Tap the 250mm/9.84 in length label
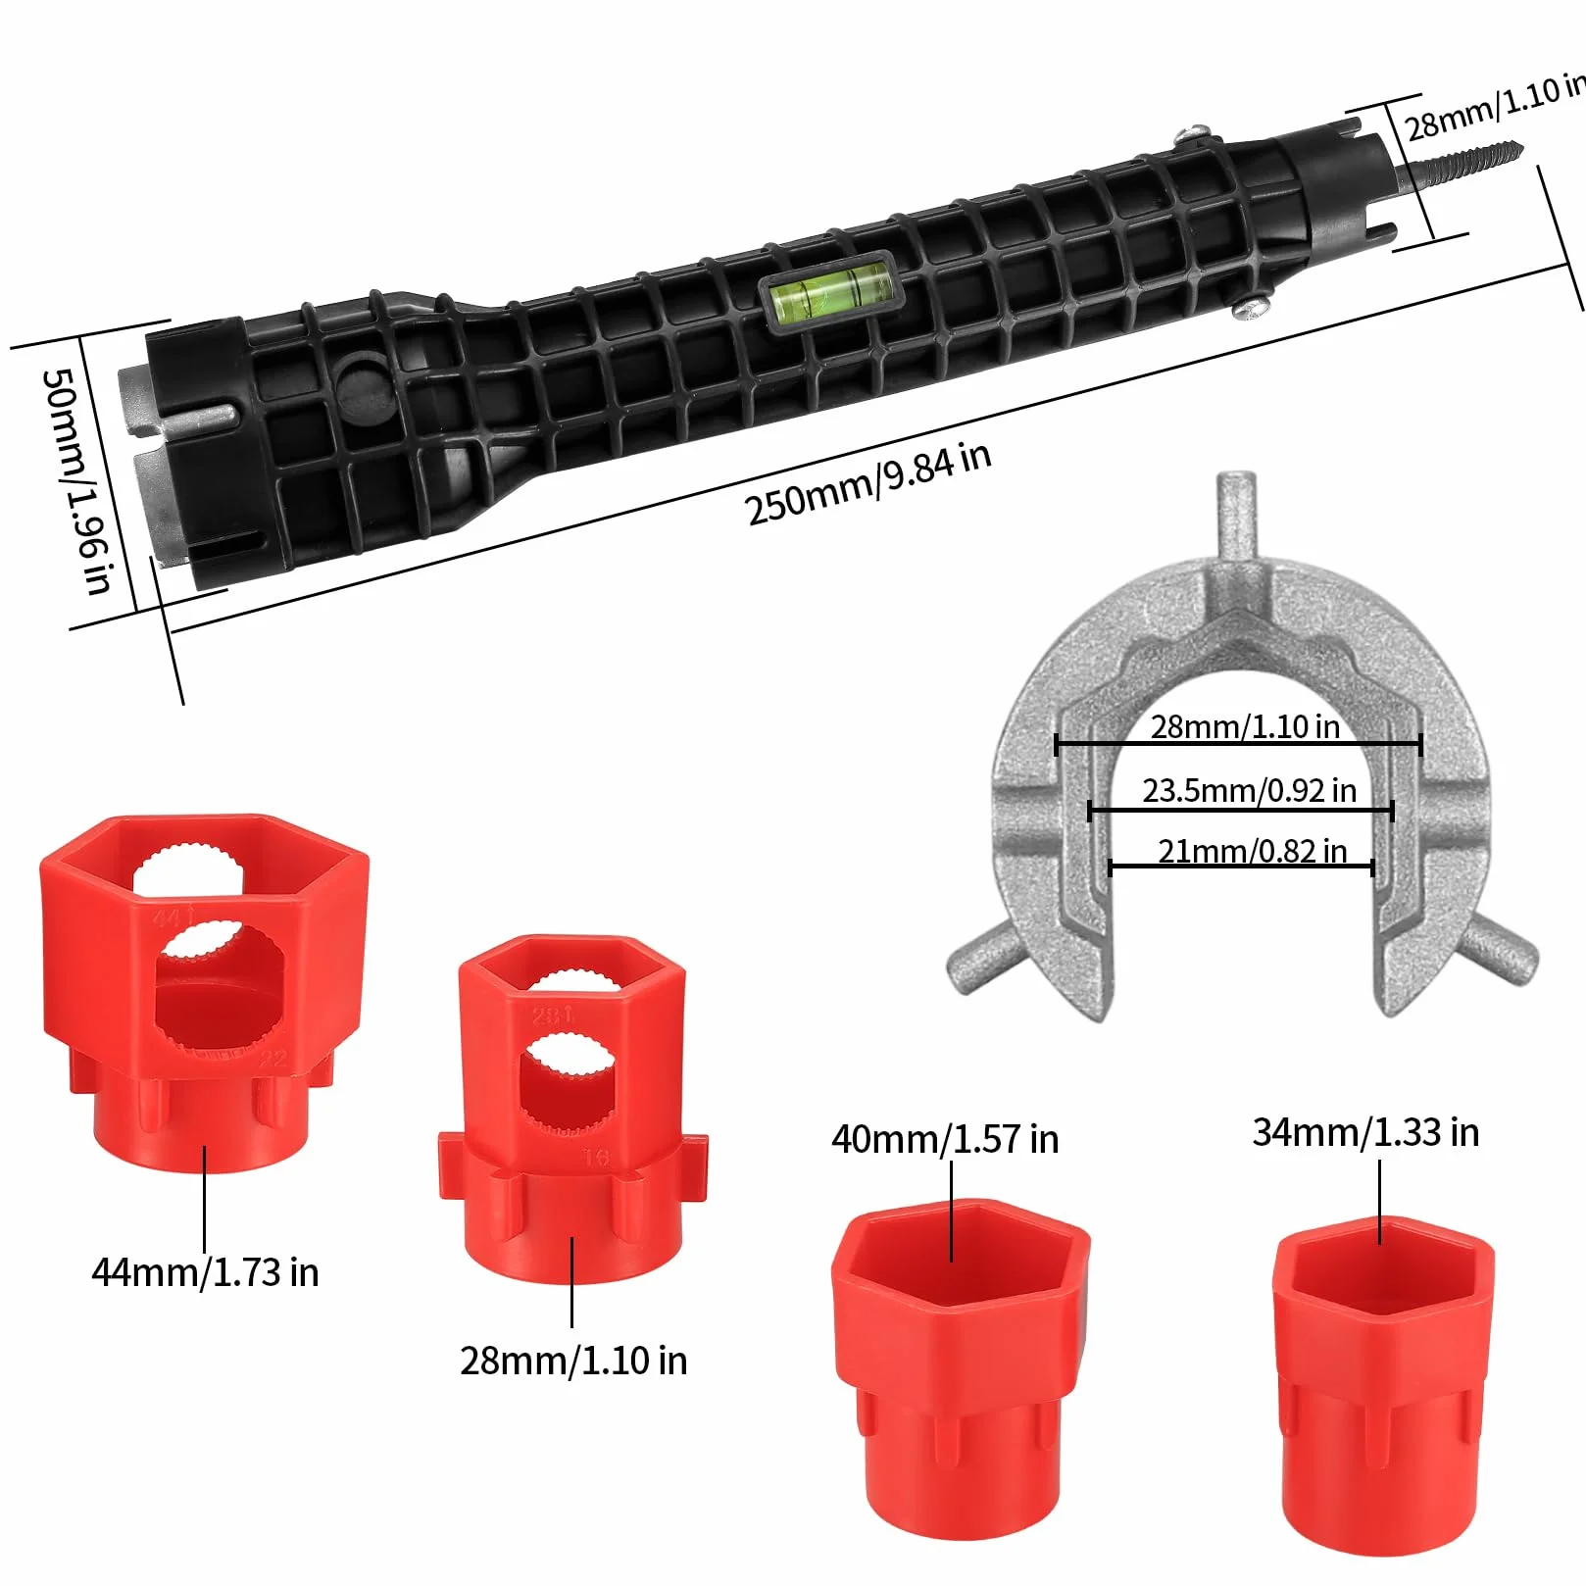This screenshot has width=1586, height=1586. coord(867,483)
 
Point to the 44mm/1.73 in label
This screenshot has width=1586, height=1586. coord(205,1272)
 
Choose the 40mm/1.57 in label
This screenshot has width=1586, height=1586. coord(945,1139)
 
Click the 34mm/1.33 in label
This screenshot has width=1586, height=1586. coord(1365,1132)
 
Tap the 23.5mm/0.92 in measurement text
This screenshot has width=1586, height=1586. coord(1249,790)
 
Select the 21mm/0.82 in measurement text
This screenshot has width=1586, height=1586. coord(1252,851)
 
